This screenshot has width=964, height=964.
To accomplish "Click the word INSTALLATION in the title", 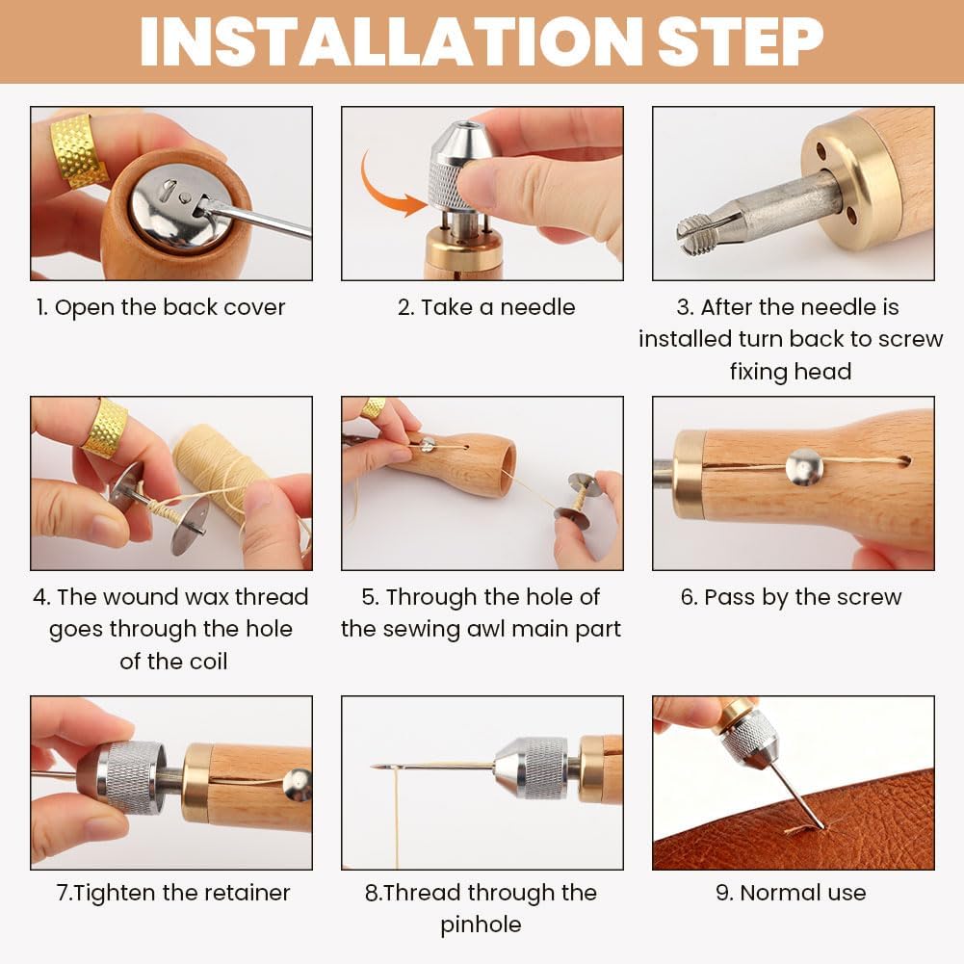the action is [391, 40].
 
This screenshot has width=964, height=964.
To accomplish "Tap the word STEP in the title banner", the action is [741, 40].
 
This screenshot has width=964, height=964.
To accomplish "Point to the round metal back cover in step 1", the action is [180, 207].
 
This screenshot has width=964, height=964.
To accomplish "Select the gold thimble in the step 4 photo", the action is [105, 428].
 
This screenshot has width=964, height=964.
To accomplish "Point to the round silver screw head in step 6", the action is [804, 467].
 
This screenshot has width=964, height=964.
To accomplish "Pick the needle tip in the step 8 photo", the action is [372, 767].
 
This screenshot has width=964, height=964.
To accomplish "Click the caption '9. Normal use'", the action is [791, 892].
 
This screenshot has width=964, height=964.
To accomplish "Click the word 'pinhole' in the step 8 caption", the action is [481, 925].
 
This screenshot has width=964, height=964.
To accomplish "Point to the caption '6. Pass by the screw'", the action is [791, 597].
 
